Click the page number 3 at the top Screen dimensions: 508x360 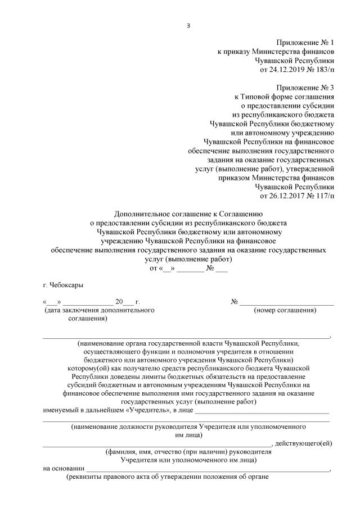click(x=188, y=25)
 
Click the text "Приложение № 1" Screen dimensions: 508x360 click(x=305, y=43)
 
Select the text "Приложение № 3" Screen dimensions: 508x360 click(x=305, y=88)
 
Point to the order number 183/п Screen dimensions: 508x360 click(x=322, y=70)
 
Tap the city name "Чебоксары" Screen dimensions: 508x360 click(x=67, y=285)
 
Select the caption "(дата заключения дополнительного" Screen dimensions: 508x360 click(x=98, y=310)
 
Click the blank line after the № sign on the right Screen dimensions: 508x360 click(x=287, y=302)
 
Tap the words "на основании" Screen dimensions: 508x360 click(x=64, y=468)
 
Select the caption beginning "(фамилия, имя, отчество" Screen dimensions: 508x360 click(x=188, y=452)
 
